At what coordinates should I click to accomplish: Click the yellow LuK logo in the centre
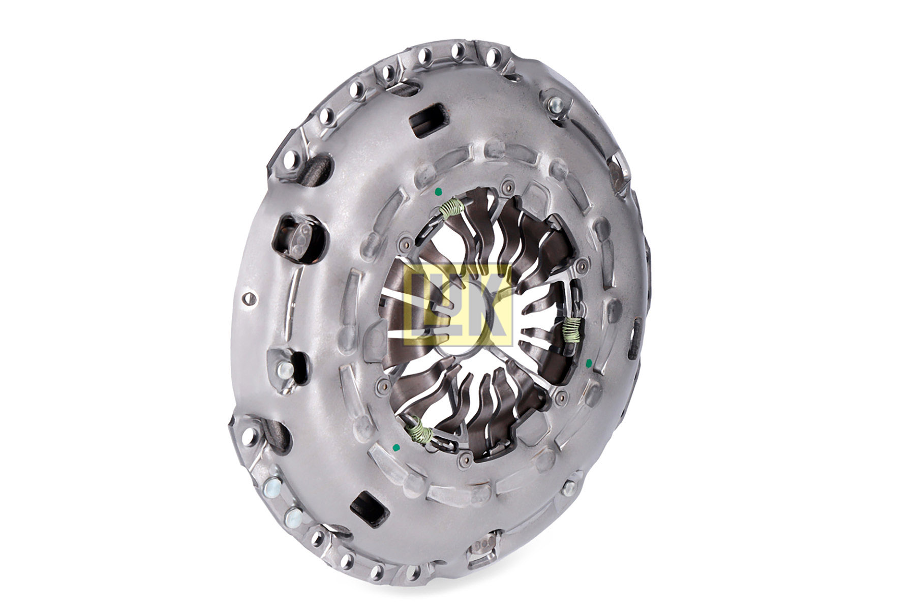click(x=456, y=305)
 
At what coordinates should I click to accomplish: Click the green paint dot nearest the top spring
click(x=438, y=192)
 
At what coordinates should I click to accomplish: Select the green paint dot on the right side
click(x=589, y=362)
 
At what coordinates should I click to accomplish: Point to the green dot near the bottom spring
click(x=396, y=447)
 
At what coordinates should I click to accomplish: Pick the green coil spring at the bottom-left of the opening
click(x=421, y=430)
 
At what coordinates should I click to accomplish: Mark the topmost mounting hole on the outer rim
click(x=457, y=51)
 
